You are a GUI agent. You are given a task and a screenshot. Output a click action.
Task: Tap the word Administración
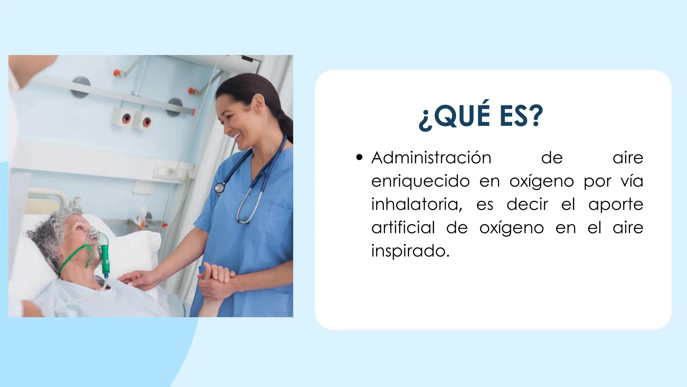coord(431,158)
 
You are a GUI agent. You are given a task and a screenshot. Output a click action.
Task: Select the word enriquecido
coord(420,181)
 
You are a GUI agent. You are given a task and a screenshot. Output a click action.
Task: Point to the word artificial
coord(403,228)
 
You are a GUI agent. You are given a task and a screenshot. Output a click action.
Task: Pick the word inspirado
coord(410,251)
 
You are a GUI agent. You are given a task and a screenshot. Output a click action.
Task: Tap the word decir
coord(527,205)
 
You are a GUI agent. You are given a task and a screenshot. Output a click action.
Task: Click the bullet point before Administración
coord(360,158)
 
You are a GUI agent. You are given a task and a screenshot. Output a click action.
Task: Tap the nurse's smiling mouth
coord(237,135)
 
